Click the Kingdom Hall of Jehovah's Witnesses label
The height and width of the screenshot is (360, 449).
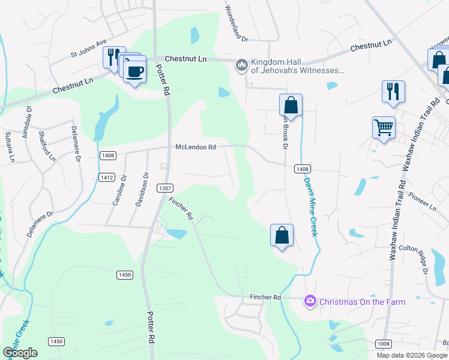[297, 65]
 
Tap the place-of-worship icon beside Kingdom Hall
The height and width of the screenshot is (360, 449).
[241, 64]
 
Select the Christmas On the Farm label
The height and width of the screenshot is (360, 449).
[362, 301]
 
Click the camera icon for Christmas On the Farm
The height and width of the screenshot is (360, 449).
[310, 301]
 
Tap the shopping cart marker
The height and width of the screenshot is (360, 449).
[384, 127]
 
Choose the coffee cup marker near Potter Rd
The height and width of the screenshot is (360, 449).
[134, 71]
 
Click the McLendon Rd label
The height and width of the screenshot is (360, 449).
[196, 147]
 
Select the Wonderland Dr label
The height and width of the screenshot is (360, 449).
[236, 23]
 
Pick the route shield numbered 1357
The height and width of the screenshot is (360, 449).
[165, 188]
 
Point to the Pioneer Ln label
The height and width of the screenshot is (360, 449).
[422, 199]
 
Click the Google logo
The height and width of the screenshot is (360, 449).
[20, 352]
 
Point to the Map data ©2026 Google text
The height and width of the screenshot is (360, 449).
[411, 355]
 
